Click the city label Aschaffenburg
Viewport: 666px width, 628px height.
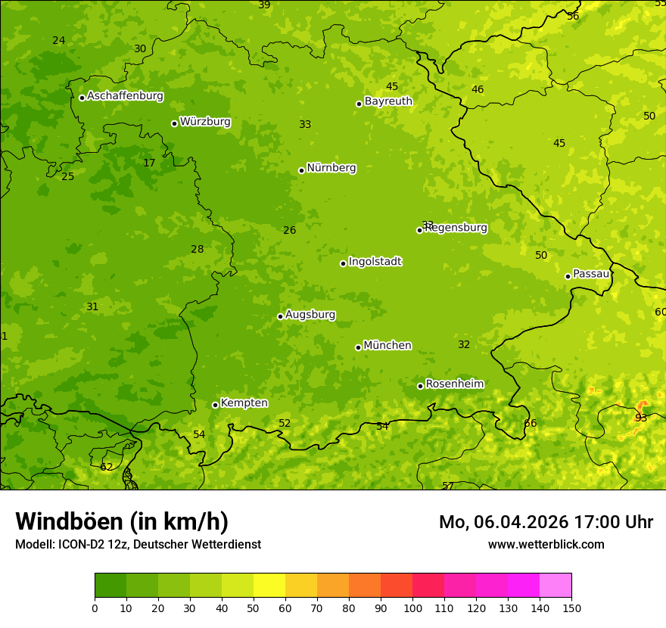click(125, 96)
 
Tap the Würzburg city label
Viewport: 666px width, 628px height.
click(205, 122)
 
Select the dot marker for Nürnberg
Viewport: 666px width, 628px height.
click(301, 170)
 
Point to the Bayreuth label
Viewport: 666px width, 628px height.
click(388, 101)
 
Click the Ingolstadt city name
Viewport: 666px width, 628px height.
click(375, 262)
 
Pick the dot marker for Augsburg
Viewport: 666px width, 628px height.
click(280, 316)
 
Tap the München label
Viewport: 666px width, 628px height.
click(387, 346)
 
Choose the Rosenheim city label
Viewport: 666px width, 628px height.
click(454, 384)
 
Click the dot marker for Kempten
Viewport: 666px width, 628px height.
click(215, 405)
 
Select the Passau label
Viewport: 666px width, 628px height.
click(591, 274)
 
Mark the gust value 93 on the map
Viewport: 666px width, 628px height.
click(641, 418)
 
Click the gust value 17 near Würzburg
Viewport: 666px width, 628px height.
click(149, 163)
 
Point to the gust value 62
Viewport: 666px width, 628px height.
click(106, 467)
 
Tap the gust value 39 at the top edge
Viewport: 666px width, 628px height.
click(264, 5)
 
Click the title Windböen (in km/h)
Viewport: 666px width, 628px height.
click(122, 521)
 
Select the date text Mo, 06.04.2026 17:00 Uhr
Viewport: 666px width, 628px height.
click(546, 522)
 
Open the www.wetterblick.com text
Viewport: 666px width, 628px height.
click(546, 545)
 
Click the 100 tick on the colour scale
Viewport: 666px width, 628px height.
click(412, 608)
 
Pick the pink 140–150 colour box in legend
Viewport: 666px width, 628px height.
click(556, 586)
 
